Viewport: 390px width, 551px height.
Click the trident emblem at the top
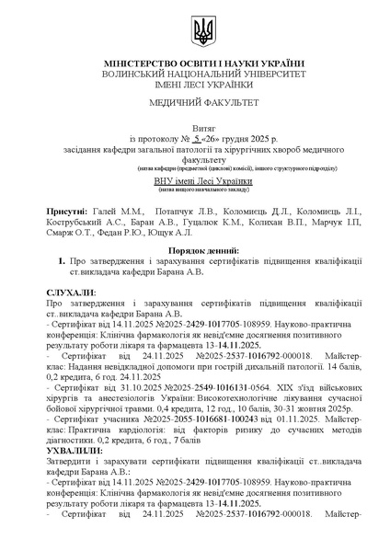201,33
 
